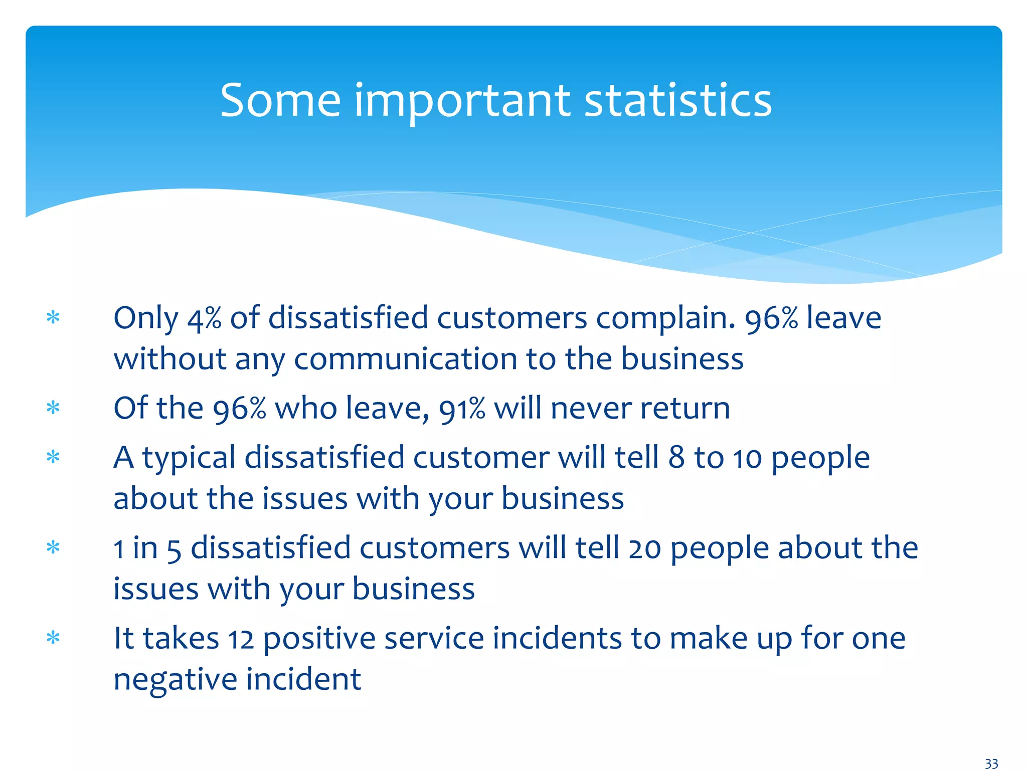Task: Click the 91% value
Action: (x=462, y=409)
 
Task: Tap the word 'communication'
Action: (x=405, y=359)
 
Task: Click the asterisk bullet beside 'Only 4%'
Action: (x=53, y=318)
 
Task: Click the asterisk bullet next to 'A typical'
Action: (x=53, y=458)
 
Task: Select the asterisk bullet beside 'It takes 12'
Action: (x=53, y=638)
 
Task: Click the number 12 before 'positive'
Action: (x=241, y=639)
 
